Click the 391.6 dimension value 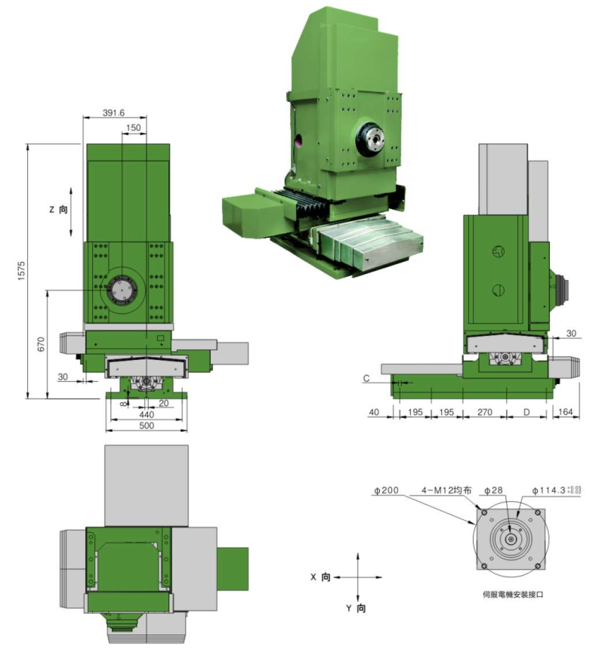pos(115,113)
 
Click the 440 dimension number pos(147,414)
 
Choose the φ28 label pos(492,490)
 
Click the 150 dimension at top pos(133,128)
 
